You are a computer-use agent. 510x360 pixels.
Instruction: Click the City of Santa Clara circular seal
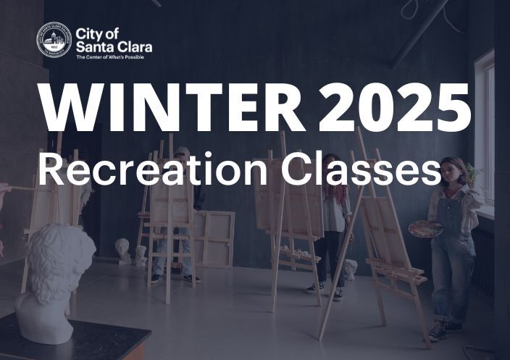pyautogui.click(x=54, y=40)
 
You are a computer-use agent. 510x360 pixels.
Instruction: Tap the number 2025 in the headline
pyautogui.click(x=395, y=109)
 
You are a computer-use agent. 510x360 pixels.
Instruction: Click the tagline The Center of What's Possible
pyautogui.click(x=109, y=56)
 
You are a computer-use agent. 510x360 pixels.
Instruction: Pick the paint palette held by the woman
pyautogui.click(x=425, y=229)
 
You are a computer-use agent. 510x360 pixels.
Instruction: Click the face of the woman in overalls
pyautogui.click(x=453, y=172)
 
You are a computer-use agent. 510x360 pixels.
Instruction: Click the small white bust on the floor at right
pyautogui.click(x=350, y=269)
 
